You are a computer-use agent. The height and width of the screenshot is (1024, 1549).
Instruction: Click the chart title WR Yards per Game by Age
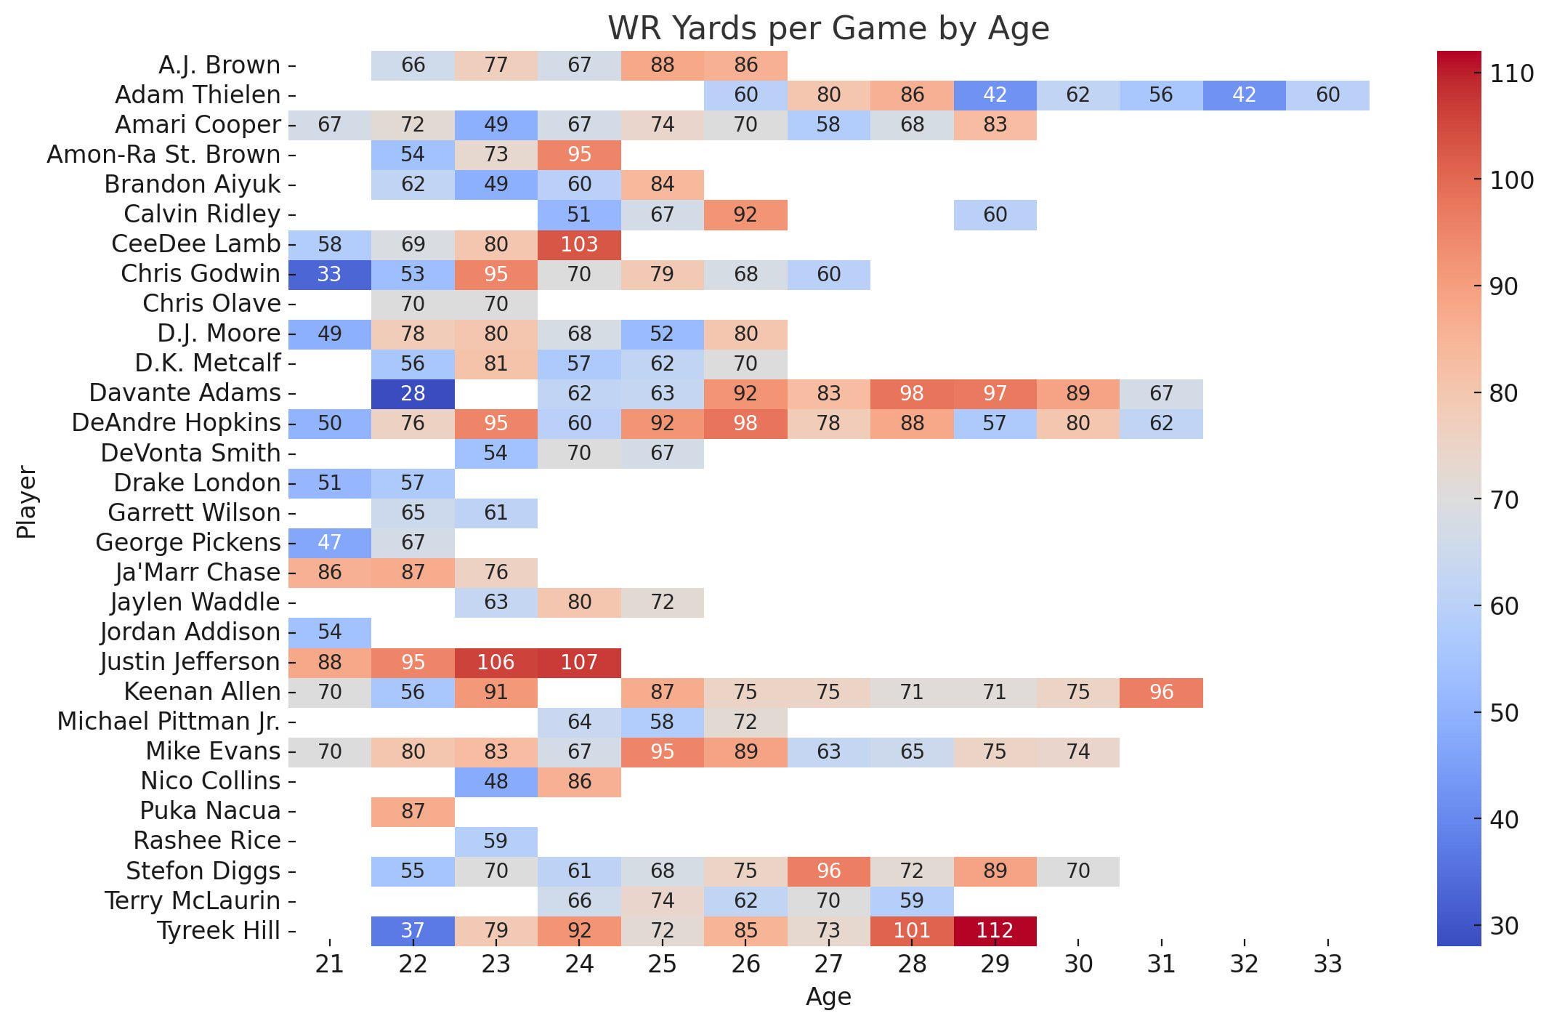[828, 29]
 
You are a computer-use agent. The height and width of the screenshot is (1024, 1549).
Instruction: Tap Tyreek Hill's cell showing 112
[995, 930]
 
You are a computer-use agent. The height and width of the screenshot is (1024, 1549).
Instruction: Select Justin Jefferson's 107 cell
[579, 662]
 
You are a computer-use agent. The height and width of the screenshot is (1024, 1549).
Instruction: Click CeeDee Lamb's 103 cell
[579, 244]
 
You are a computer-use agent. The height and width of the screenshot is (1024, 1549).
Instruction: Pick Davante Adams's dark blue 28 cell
[413, 393]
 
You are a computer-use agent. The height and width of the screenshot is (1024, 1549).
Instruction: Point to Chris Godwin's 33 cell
[329, 274]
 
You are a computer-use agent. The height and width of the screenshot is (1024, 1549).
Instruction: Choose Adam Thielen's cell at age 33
[1327, 95]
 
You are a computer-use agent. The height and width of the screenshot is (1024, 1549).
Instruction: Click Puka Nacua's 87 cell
[413, 811]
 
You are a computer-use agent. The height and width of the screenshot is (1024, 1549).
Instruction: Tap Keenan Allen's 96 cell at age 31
[1161, 692]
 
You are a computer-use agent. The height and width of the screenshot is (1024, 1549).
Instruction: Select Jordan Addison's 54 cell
[329, 632]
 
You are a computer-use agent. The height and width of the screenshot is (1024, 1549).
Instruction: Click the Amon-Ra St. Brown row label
[163, 155]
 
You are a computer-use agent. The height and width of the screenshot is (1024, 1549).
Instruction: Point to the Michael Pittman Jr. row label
[169, 722]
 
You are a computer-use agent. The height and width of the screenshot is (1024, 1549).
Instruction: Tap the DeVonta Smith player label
[190, 453]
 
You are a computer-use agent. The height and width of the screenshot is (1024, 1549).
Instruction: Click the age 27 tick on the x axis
[828, 964]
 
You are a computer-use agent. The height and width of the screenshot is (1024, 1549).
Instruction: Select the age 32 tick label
[1244, 964]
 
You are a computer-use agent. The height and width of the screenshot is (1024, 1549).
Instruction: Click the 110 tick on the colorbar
[1512, 73]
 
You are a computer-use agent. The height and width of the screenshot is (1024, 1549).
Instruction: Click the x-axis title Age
[828, 997]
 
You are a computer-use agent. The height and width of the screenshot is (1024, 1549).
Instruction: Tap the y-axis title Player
[26, 502]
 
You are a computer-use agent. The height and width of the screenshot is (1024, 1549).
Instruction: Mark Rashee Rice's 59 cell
[496, 841]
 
